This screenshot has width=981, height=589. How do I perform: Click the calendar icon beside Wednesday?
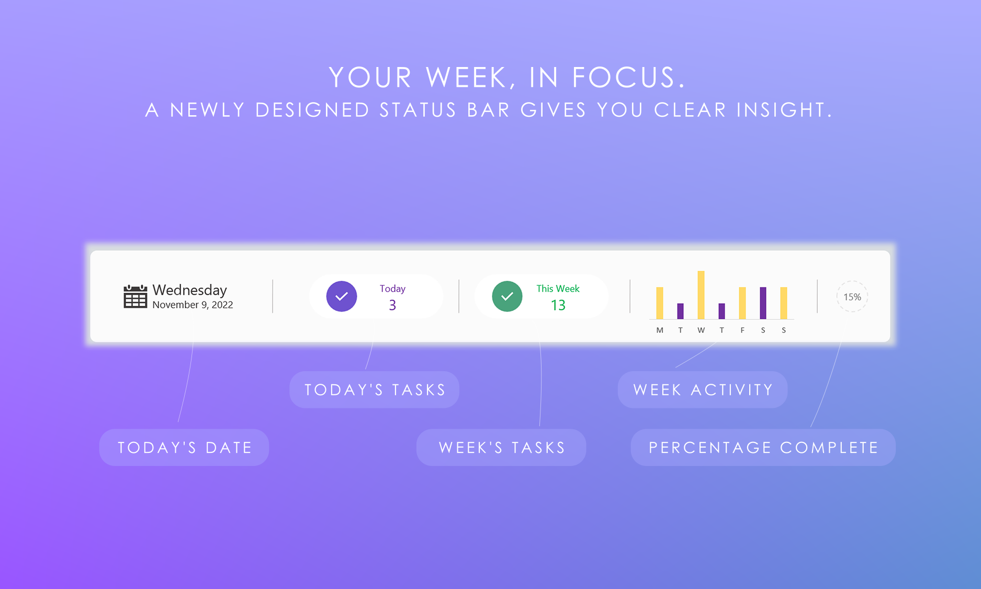tap(135, 297)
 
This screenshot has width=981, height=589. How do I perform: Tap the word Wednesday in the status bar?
tap(189, 290)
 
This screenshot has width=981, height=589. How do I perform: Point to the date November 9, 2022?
tap(193, 305)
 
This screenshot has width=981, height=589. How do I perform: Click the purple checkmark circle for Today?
tap(342, 296)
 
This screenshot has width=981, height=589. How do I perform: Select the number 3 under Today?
tap(392, 305)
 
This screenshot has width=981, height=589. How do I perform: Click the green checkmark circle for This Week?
tap(507, 296)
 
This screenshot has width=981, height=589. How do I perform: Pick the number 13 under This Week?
tap(558, 305)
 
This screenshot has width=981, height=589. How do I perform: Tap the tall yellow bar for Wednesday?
tap(701, 295)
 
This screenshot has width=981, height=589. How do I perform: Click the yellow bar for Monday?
tap(660, 303)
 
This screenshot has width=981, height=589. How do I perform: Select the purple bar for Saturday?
tap(763, 303)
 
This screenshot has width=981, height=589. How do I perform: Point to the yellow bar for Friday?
tap(742, 303)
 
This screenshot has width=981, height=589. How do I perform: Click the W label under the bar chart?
tap(701, 330)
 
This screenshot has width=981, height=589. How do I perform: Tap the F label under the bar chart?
tap(742, 330)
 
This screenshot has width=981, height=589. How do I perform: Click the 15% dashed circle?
tap(852, 297)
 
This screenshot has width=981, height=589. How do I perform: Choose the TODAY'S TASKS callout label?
tap(375, 390)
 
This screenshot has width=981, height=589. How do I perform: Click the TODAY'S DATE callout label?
tap(184, 448)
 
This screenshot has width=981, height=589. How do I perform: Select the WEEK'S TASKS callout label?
tap(501, 448)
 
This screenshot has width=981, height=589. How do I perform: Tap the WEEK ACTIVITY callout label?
tap(703, 390)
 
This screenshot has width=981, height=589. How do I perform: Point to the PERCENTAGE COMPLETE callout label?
tap(763, 448)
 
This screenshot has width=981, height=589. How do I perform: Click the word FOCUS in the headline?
tap(628, 77)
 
